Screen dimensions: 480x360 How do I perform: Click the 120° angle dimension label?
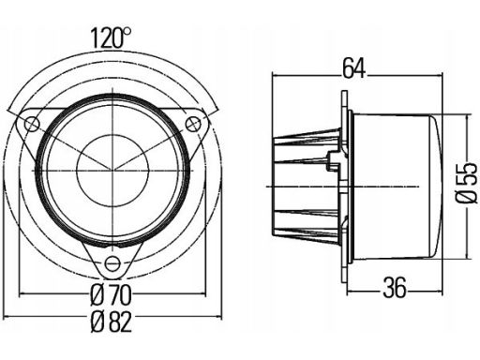tap(111, 38)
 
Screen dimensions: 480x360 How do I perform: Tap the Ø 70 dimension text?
tap(111, 295)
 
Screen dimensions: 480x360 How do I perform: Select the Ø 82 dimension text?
tap(111, 322)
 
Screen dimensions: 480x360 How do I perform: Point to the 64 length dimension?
tap(353, 68)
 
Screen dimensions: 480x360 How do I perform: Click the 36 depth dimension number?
tap(395, 288)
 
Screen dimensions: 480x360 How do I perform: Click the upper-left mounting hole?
tap(32, 124)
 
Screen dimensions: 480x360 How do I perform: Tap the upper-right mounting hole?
tap(193, 124)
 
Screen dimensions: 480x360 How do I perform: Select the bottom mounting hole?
tap(112, 264)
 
